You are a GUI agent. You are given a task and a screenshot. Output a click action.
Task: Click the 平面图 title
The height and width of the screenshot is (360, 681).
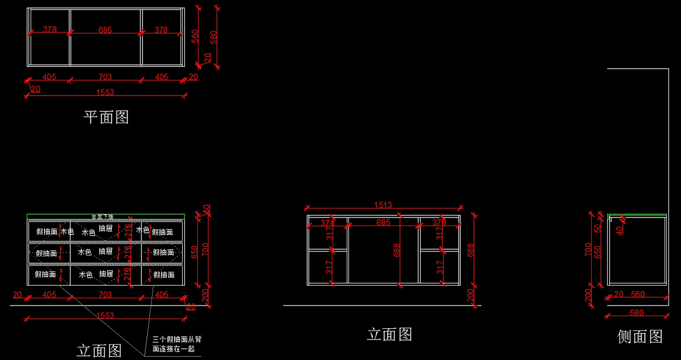coord(106,117)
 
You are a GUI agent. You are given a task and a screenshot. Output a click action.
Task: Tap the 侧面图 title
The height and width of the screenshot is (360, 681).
coord(640,337)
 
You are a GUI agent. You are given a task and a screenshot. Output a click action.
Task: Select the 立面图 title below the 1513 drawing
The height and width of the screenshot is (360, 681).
coord(389,334)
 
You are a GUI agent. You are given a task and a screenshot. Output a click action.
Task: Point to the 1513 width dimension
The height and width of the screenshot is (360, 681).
coord(383,205)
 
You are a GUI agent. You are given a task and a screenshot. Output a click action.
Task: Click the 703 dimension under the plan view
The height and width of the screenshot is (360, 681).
coord(105,77)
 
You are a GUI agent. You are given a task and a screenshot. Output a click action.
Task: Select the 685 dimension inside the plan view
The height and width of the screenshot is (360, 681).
coord(105,30)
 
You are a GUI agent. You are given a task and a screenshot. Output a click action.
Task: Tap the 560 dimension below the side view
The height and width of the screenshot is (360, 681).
coord(638,294)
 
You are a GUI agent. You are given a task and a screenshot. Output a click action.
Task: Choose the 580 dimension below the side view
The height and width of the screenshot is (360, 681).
coord(636,313)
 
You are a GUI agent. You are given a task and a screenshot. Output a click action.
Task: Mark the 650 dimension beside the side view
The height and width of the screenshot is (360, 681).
coord(597,253)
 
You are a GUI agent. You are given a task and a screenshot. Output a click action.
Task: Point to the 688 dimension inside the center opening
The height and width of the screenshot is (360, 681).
coord(397,250)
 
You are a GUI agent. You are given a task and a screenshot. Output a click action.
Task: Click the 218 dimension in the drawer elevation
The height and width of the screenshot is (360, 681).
coord(127,275)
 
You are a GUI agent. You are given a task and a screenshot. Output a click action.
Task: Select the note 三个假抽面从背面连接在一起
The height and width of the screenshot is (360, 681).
coord(176,344)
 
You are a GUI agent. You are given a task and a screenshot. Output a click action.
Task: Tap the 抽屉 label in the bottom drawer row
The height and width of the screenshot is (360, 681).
coord(106,274)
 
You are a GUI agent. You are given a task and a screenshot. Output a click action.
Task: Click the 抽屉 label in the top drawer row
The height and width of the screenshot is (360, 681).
coord(106,228)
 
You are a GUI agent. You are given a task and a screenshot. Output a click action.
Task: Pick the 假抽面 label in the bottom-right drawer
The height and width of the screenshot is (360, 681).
coord(164,275)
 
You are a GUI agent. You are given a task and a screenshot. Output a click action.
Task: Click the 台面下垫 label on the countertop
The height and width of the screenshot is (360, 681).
coord(103,217)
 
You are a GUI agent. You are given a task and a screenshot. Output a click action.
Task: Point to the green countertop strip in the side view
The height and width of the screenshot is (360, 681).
coord(637,215)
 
